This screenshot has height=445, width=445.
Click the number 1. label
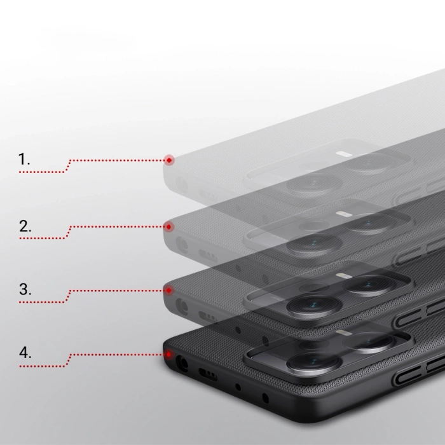click(25, 160)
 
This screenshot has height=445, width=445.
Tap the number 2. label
click(25, 225)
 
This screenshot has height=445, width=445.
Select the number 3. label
click(25, 290)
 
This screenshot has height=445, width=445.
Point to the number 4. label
click(25, 353)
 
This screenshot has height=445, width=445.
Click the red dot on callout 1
click(168, 160)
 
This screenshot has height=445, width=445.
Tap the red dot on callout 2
click(168, 226)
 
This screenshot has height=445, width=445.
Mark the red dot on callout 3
click(168, 290)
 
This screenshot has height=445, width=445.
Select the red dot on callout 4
click(168, 354)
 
